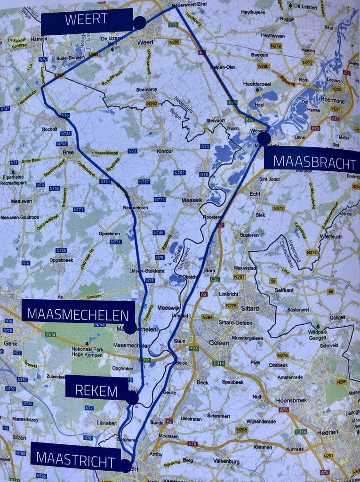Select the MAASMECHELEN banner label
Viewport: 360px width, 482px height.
(79, 314)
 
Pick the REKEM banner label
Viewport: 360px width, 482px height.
(97, 387)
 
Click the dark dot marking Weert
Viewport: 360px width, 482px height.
(139, 23)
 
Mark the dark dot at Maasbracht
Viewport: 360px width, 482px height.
(264, 138)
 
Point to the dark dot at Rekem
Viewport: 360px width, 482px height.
(133, 398)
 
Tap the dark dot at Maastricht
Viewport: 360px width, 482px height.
(126, 466)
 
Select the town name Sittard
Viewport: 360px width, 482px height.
(249, 308)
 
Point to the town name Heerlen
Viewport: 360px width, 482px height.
(328, 432)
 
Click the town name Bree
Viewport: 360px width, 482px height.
(69, 153)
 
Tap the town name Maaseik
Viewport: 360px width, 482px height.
(192, 200)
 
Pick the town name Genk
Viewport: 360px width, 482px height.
(10, 344)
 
